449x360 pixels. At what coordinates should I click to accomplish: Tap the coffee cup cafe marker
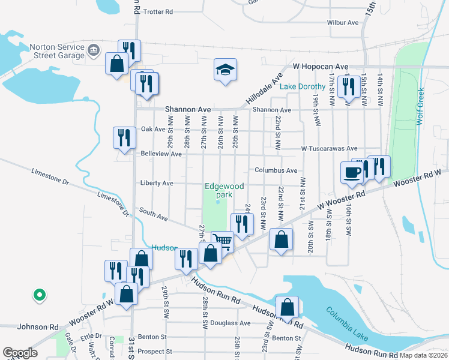click(x=352, y=172)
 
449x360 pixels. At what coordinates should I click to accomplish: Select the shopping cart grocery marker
click(x=223, y=242)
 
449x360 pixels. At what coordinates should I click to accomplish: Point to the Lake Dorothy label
click(x=303, y=86)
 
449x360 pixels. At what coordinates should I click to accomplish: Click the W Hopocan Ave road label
click(x=321, y=67)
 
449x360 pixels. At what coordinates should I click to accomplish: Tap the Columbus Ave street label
click(x=276, y=170)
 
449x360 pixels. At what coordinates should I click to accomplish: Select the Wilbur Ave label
click(x=343, y=23)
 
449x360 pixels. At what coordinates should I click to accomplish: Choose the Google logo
click(x=20, y=353)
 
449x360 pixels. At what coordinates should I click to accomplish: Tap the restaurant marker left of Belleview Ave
click(x=124, y=137)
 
